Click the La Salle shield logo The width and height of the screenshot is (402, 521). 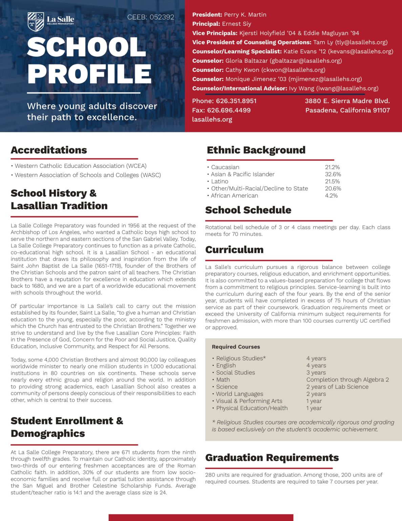(36, 22)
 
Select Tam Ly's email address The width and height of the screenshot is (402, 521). (361, 42)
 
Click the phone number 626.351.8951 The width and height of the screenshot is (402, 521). (236, 101)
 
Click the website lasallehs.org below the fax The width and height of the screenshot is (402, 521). (212, 119)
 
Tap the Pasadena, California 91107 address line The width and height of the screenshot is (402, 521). (347, 110)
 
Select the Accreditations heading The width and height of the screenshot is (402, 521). (49, 150)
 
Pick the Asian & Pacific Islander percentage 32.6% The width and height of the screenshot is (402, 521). (333, 174)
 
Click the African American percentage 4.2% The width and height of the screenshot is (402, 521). (331, 196)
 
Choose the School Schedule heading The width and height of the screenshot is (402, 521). (248, 210)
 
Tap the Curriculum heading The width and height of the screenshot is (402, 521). (234, 250)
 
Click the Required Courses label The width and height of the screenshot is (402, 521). (236, 347)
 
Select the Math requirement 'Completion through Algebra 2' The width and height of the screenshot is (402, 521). (347, 380)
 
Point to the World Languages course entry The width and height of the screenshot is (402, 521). (239, 394)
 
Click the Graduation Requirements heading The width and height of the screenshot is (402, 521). (272, 458)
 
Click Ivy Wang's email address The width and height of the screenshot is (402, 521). (347, 88)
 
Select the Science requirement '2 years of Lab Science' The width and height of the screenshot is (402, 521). (337, 387)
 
